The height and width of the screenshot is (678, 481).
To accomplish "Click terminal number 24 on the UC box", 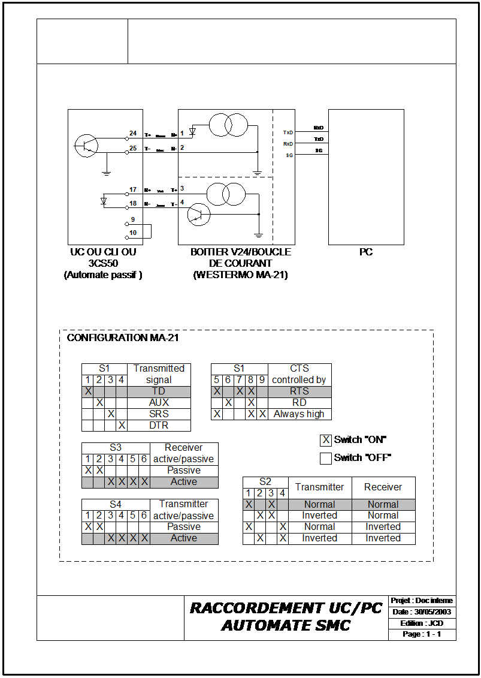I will pyautogui.click(x=133, y=133).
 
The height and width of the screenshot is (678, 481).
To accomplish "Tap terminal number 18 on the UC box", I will pyautogui.click(x=133, y=204).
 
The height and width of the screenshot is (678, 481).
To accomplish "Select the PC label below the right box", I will pyautogui.click(x=365, y=252).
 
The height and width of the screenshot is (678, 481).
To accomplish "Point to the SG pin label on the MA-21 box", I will pyautogui.click(x=289, y=155).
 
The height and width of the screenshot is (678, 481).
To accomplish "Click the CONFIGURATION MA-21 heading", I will pyautogui.click(x=123, y=338).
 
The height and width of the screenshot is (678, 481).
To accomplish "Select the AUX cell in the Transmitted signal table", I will pyautogui.click(x=159, y=402).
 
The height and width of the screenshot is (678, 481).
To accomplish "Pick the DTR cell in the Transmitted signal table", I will pyautogui.click(x=159, y=425).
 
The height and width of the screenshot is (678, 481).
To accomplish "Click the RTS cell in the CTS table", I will pyautogui.click(x=299, y=391).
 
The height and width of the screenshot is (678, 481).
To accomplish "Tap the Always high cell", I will pyautogui.click(x=299, y=414).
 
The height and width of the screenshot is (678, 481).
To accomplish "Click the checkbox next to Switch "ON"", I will pyautogui.click(x=325, y=440).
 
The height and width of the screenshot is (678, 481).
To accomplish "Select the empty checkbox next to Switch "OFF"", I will pyautogui.click(x=325, y=459).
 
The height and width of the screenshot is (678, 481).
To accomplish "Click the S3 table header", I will pyautogui.click(x=115, y=448).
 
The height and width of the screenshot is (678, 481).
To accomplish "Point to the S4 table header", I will pyautogui.click(x=115, y=504).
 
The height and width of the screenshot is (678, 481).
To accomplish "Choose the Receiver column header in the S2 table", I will pyautogui.click(x=383, y=487).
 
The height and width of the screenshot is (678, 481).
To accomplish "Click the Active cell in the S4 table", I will pyautogui.click(x=183, y=538).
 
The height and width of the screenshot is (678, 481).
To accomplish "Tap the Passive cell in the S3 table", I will pyautogui.click(x=183, y=471).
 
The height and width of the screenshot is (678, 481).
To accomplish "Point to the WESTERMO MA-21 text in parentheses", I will pyautogui.click(x=240, y=275).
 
